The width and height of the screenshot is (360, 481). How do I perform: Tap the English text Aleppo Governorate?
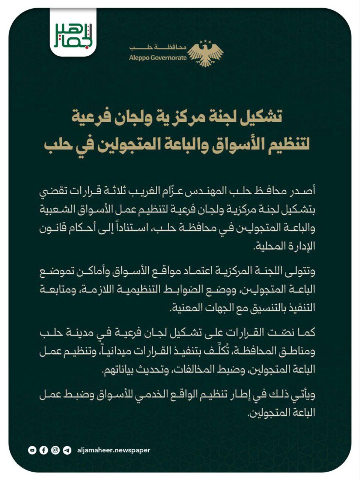(x=158, y=58)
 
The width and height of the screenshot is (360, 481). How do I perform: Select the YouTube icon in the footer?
(x=32, y=450)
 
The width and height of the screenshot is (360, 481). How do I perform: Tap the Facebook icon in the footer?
(x=44, y=450)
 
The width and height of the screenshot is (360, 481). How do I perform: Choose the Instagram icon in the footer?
(x=55, y=450)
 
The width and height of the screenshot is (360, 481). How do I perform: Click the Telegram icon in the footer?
(x=67, y=450)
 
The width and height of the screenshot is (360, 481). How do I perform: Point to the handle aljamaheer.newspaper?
(x=113, y=450)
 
